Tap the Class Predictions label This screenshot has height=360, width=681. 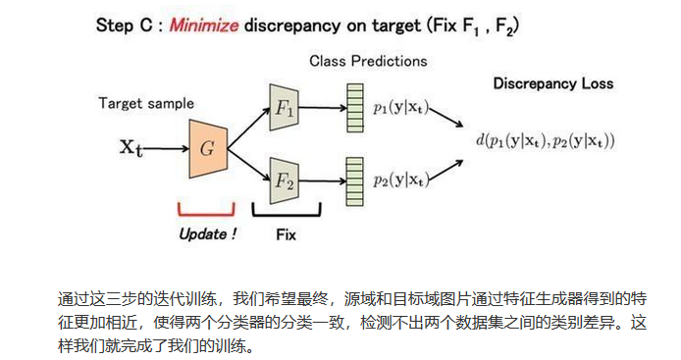(x=368, y=61)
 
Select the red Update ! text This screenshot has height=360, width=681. (x=207, y=234)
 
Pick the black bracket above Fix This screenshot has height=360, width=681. (x=285, y=211)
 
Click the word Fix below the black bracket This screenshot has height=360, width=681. (x=285, y=234)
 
